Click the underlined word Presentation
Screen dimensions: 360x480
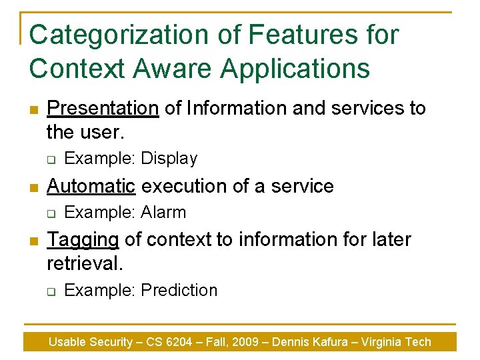[x=103, y=108]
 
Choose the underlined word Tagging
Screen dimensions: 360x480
[x=83, y=239]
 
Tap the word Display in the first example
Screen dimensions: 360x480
[x=169, y=159]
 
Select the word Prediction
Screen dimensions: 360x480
[x=179, y=291]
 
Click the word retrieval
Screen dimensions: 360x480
[x=85, y=263]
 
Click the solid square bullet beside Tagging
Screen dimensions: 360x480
[x=33, y=241]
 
